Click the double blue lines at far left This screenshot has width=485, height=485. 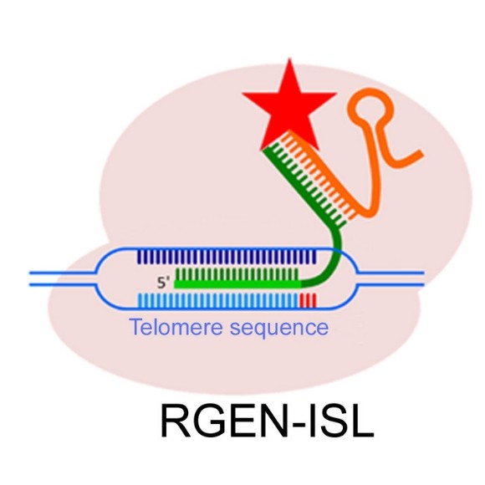pyautogui.click(x=59, y=278)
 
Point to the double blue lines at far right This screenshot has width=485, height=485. pyautogui.click(x=393, y=278)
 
